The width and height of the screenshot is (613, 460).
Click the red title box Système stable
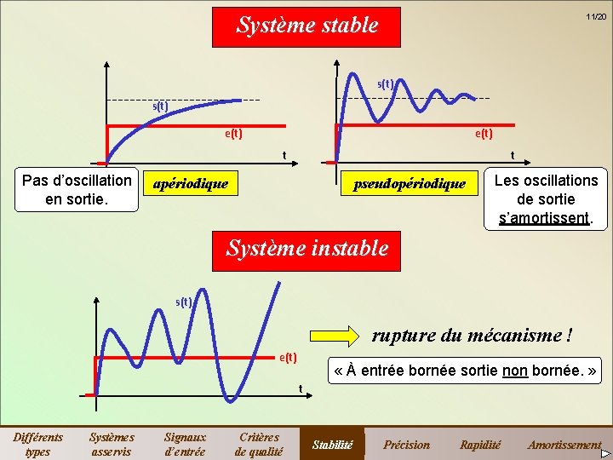(x=306, y=26)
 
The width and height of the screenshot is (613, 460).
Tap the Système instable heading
(x=306, y=249)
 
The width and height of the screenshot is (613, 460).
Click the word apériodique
(x=191, y=182)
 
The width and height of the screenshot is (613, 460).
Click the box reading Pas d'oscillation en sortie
(x=77, y=190)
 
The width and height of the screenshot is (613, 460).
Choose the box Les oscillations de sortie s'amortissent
(x=546, y=198)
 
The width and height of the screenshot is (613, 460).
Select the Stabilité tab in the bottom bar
(x=333, y=444)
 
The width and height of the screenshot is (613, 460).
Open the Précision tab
(x=407, y=444)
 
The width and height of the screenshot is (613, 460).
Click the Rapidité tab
(x=480, y=444)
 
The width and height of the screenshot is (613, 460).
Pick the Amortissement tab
(x=564, y=444)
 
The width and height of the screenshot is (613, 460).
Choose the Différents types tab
(x=37, y=444)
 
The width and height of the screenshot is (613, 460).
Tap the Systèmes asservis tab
(x=112, y=444)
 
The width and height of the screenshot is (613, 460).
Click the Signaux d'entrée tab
(x=185, y=444)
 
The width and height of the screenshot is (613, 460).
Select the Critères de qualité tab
(x=259, y=444)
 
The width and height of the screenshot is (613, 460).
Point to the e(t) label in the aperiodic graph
(x=233, y=133)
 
